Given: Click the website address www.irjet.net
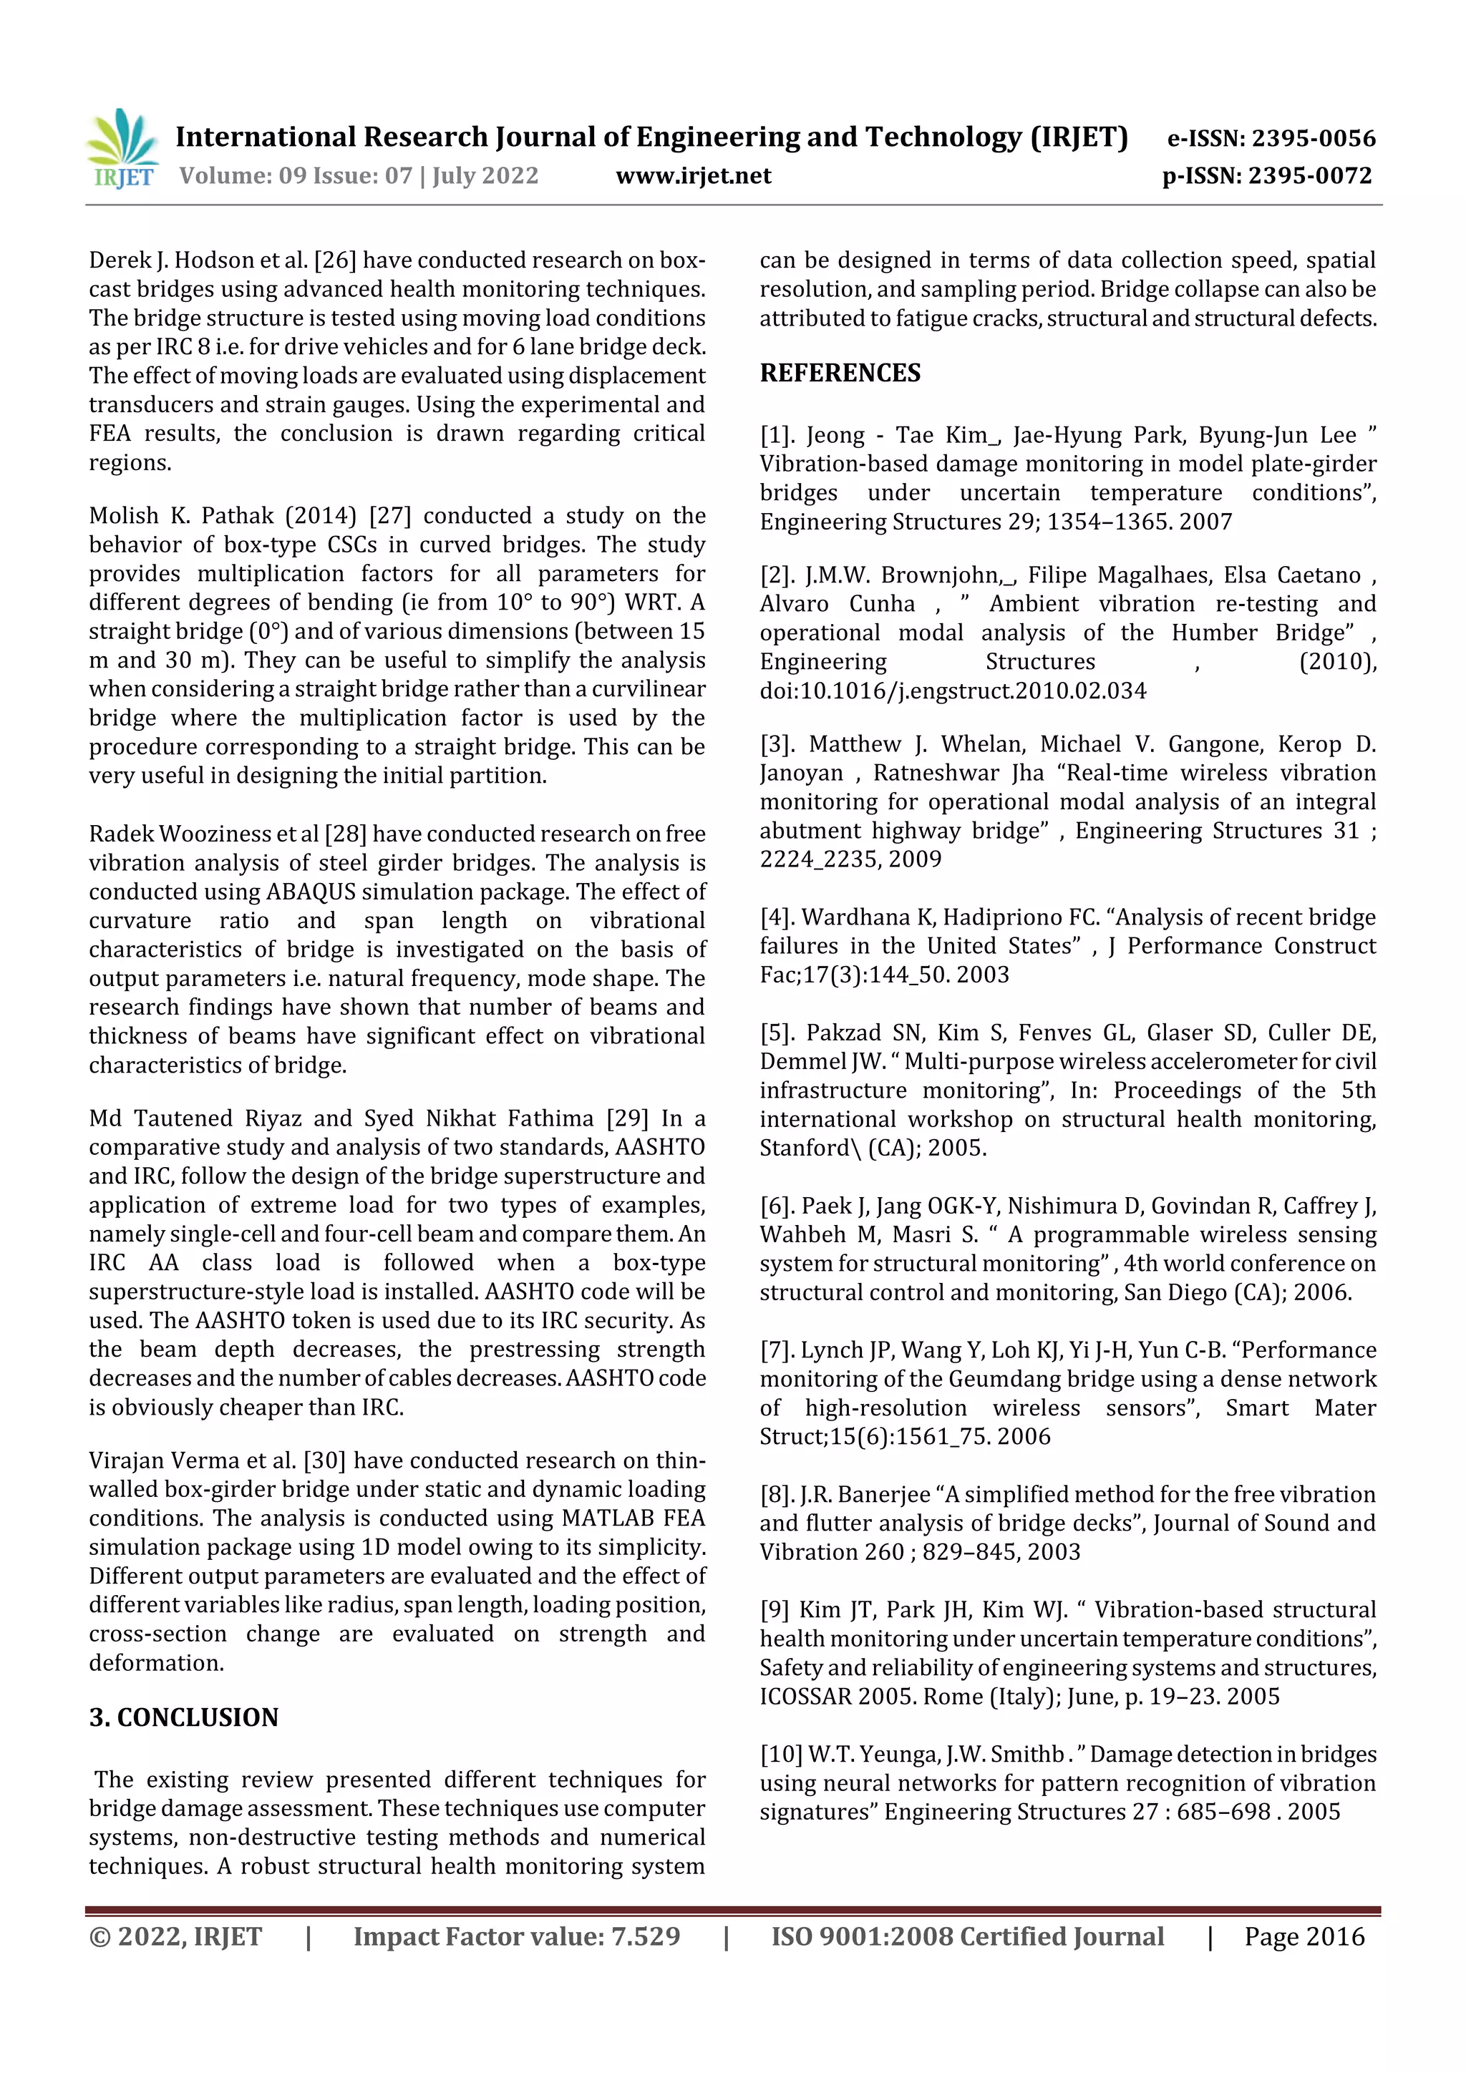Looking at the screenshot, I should pos(693,176).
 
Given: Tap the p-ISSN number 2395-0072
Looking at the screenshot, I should pos(1310,176).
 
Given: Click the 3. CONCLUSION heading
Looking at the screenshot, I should pos(183,1717).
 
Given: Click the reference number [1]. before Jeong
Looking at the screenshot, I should pos(777,436).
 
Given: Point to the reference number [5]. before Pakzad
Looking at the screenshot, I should pos(777,1033).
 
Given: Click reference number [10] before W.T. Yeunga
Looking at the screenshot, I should pos(780,1755).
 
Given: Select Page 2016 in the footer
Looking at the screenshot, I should pos(1304,1936).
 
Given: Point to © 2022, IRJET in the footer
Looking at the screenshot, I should pos(175,1936).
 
